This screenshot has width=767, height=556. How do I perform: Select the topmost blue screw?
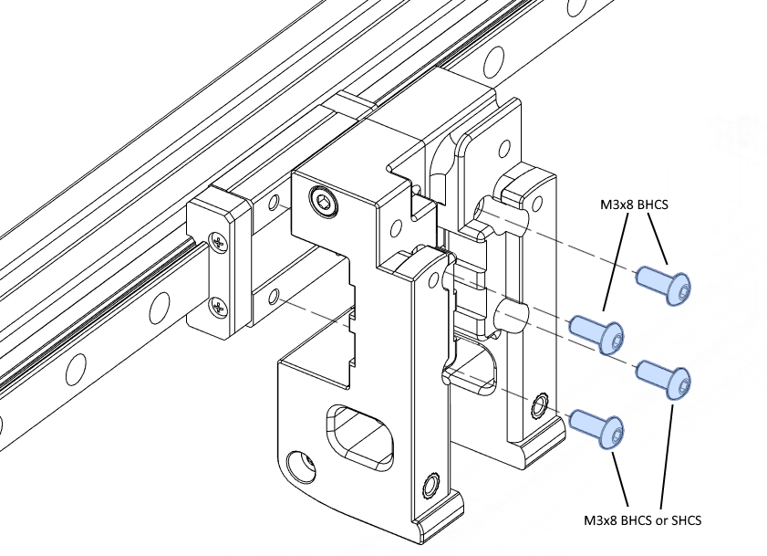click(664, 283)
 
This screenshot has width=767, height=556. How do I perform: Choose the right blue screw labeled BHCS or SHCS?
click(664, 378)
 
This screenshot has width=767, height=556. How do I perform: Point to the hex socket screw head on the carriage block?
click(324, 202)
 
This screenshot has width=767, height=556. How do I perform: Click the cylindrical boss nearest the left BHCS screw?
click(512, 317)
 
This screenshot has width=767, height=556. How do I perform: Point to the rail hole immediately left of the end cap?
click(161, 309)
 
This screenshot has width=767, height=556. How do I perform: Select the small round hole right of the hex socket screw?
click(395, 227)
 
